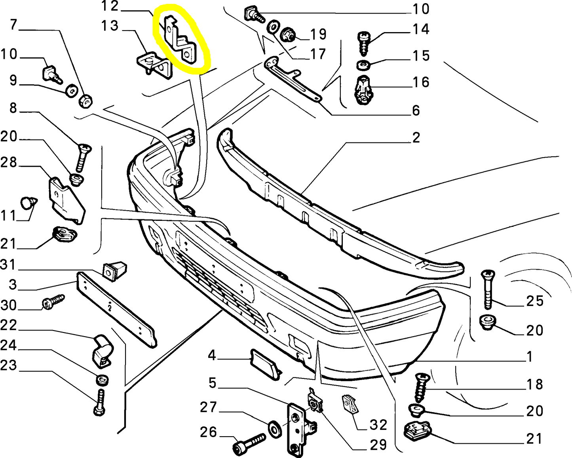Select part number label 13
point(110,26)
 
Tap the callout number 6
point(416,110)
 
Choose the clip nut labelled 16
point(363,89)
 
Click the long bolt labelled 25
point(487,289)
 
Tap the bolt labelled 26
point(249,443)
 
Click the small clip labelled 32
point(350,404)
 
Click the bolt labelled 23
point(100,402)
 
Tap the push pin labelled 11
point(28,203)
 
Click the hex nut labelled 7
point(86,101)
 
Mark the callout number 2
point(416,138)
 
